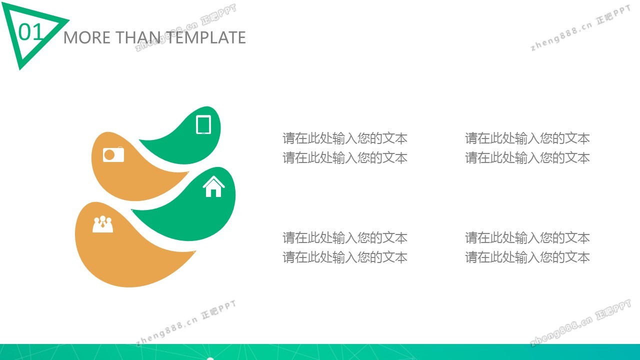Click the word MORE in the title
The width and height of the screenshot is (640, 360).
[x=87, y=37]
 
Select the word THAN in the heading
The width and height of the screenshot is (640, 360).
[x=138, y=37]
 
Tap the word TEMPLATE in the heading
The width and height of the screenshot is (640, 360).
[x=205, y=37]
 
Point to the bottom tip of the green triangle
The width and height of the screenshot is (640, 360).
[x=20, y=69]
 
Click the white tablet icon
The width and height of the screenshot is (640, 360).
[x=203, y=124]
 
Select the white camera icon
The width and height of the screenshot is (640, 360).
[x=113, y=154]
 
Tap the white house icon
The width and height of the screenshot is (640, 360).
[x=213, y=186]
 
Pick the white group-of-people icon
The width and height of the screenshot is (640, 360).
[x=103, y=224]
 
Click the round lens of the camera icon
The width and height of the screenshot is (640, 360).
[x=109, y=155]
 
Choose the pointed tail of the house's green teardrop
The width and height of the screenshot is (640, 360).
[x=132, y=210]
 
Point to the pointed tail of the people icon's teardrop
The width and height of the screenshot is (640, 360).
[x=194, y=252]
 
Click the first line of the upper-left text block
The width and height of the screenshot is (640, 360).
[x=345, y=138]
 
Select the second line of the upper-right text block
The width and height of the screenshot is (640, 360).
[x=527, y=157]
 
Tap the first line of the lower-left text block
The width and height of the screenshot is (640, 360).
[x=345, y=237]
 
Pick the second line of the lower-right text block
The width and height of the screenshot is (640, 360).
[x=527, y=257]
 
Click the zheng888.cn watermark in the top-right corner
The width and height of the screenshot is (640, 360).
[x=561, y=37]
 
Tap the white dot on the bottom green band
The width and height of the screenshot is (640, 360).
[x=210, y=358]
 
